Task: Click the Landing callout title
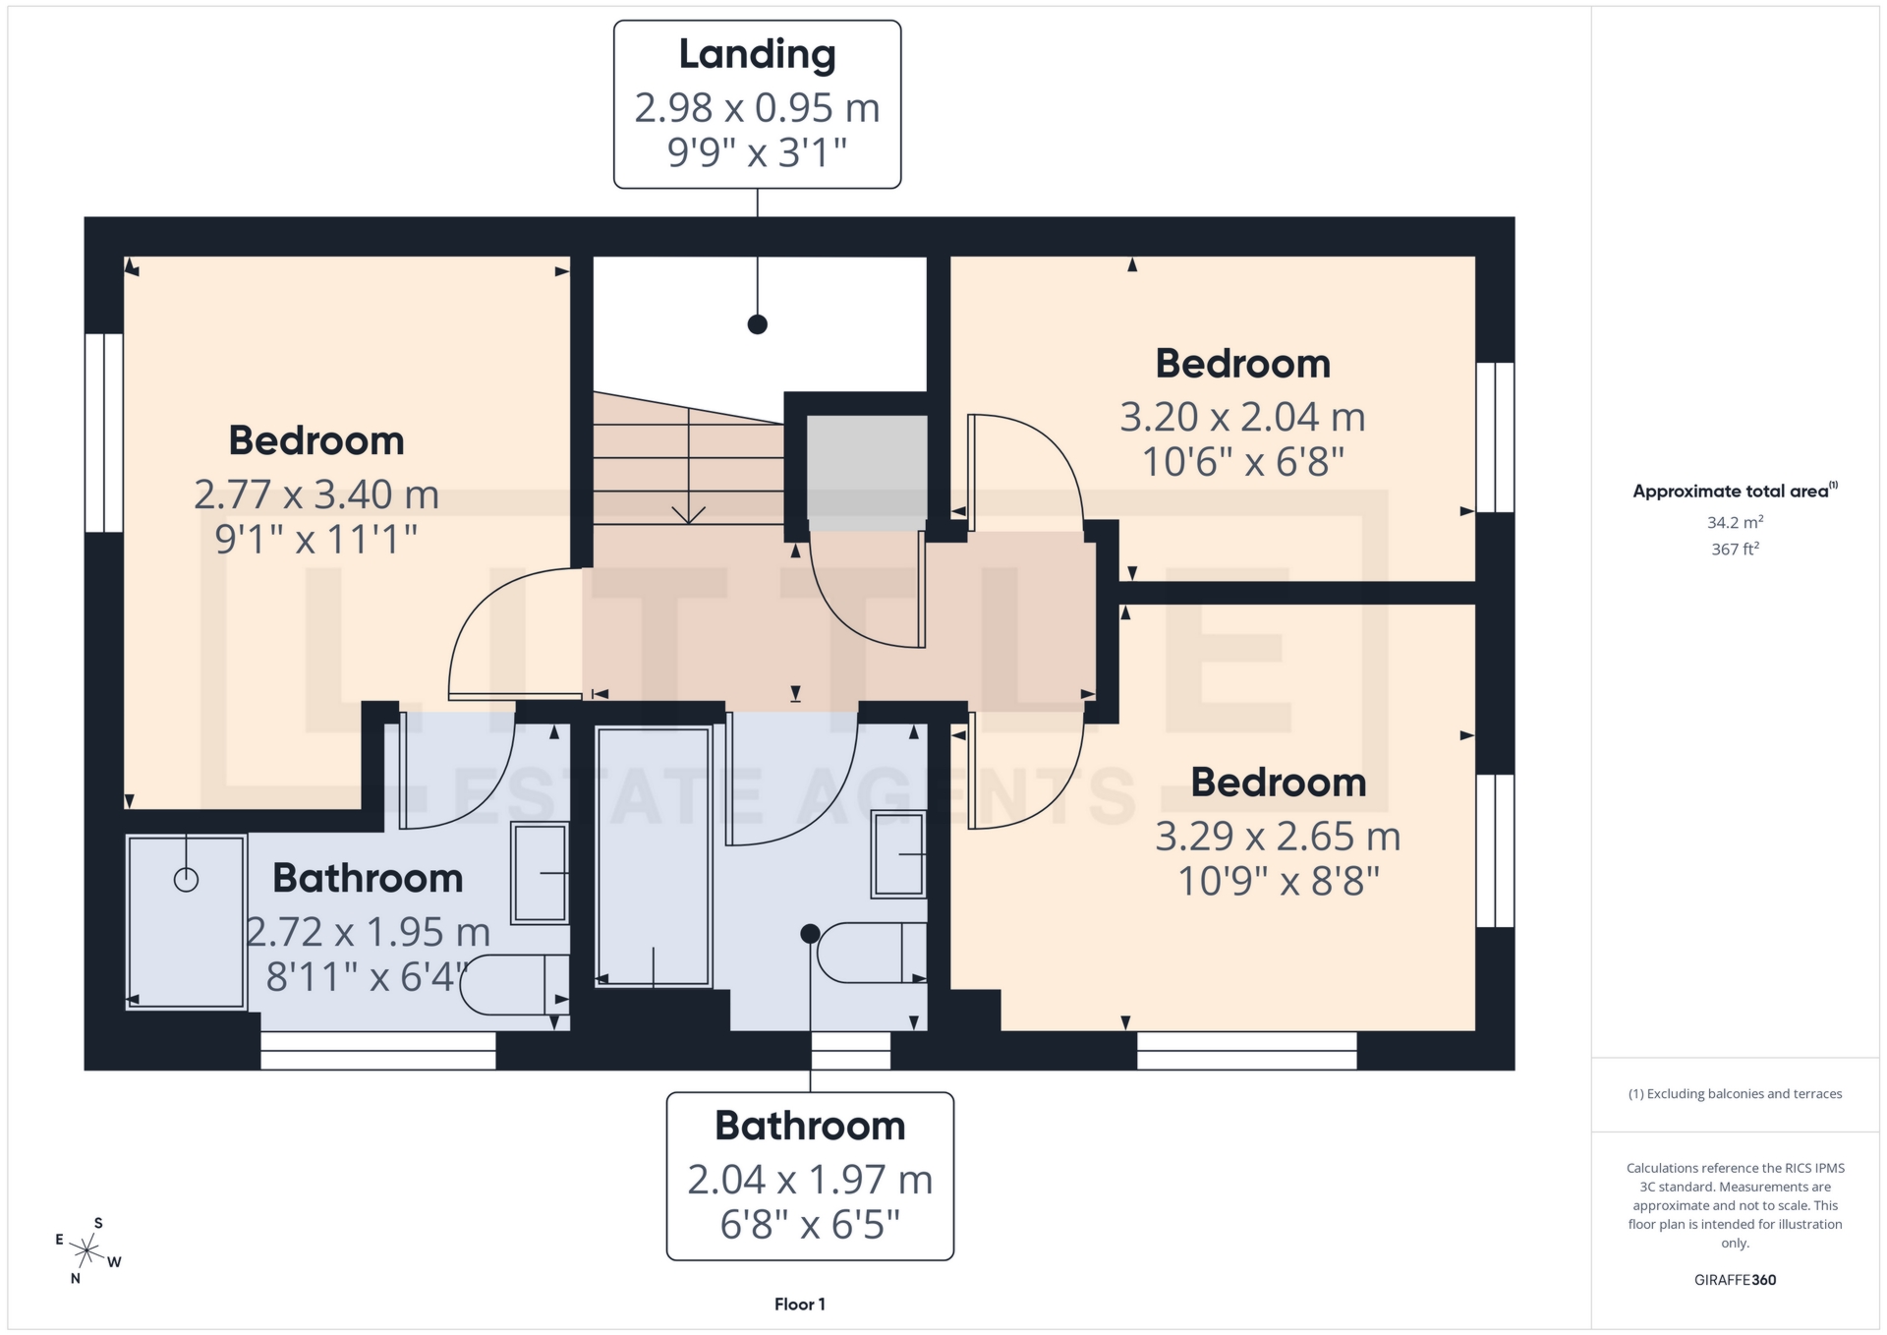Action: [757, 55]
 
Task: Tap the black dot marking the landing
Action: [757, 324]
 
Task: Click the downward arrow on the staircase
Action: [688, 512]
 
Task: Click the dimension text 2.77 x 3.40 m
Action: [316, 494]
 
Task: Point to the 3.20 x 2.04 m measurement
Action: [1242, 418]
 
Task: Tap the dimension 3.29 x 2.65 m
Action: [1278, 837]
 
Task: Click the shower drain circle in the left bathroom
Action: [186, 880]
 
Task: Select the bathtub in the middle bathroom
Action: [653, 855]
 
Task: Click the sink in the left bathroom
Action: [540, 872]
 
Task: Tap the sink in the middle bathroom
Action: [898, 853]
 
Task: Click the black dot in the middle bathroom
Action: [810, 934]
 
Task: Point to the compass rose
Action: [87, 1251]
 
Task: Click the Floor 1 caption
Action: [799, 1305]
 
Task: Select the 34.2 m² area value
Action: [1735, 523]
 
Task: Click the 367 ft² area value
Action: [1735, 550]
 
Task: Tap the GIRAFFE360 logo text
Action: [1735, 1280]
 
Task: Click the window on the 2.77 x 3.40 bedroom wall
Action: [103, 433]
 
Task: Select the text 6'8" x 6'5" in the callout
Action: [810, 1225]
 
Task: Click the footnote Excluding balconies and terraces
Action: [1735, 1094]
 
